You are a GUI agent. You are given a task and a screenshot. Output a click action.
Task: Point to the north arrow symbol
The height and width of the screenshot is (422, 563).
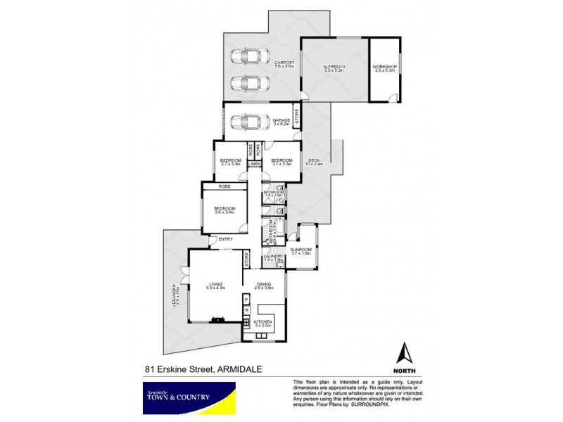click(x=405, y=354)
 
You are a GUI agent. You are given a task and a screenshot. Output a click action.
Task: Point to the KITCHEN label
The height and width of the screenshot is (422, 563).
click(x=262, y=322)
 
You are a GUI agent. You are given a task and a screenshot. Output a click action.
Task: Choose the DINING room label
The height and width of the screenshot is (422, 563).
click(x=264, y=284)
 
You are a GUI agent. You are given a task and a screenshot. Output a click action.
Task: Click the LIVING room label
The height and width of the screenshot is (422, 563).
click(x=215, y=285)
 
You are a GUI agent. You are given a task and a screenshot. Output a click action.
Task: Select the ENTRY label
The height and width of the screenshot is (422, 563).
click(x=225, y=240)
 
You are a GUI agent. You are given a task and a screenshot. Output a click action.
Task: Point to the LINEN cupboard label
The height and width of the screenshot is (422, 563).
click(x=254, y=165)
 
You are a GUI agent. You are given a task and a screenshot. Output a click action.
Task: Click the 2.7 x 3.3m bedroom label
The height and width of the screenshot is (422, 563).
click(x=230, y=162)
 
